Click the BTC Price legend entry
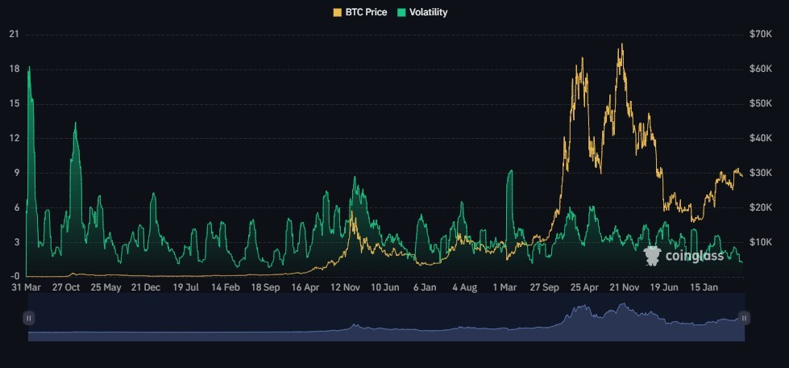(360, 12)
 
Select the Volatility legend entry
(423, 12)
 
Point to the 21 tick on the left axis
(14, 34)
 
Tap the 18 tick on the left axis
(14, 69)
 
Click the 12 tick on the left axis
(14, 138)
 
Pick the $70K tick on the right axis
(760, 34)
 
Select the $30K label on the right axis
(760, 173)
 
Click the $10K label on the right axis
(760, 242)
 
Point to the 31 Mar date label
(26, 287)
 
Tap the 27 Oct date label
(65, 287)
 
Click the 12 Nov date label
(346, 287)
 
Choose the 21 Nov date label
(624, 287)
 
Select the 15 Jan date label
(703, 287)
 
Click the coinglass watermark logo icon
(652, 256)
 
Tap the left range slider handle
(29, 318)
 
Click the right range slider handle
(744, 318)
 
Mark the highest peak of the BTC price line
(622, 44)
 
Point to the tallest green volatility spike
(29, 67)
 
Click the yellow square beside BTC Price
(337, 12)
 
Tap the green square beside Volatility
(402, 12)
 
